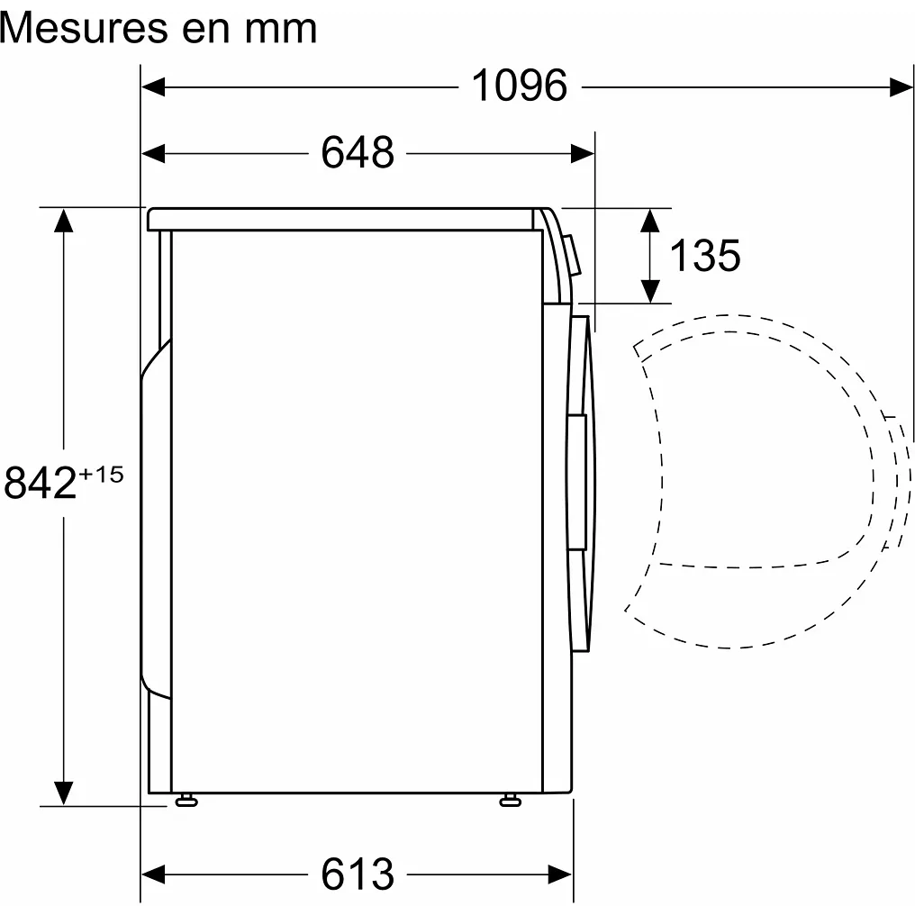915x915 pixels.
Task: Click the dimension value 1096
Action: (520, 86)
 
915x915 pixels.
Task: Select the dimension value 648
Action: (358, 153)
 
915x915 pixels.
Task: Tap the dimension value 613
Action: (358, 873)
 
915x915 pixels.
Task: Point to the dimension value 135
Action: (704, 256)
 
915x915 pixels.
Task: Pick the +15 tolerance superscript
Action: (102, 474)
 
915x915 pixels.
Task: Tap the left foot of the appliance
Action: (187, 800)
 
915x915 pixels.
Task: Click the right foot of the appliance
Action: (511, 800)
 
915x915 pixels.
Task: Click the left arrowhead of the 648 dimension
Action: (153, 153)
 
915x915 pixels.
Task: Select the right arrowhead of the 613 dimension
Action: (561, 873)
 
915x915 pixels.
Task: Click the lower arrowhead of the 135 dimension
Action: (650, 291)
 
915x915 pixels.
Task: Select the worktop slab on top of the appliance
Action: (342, 219)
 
